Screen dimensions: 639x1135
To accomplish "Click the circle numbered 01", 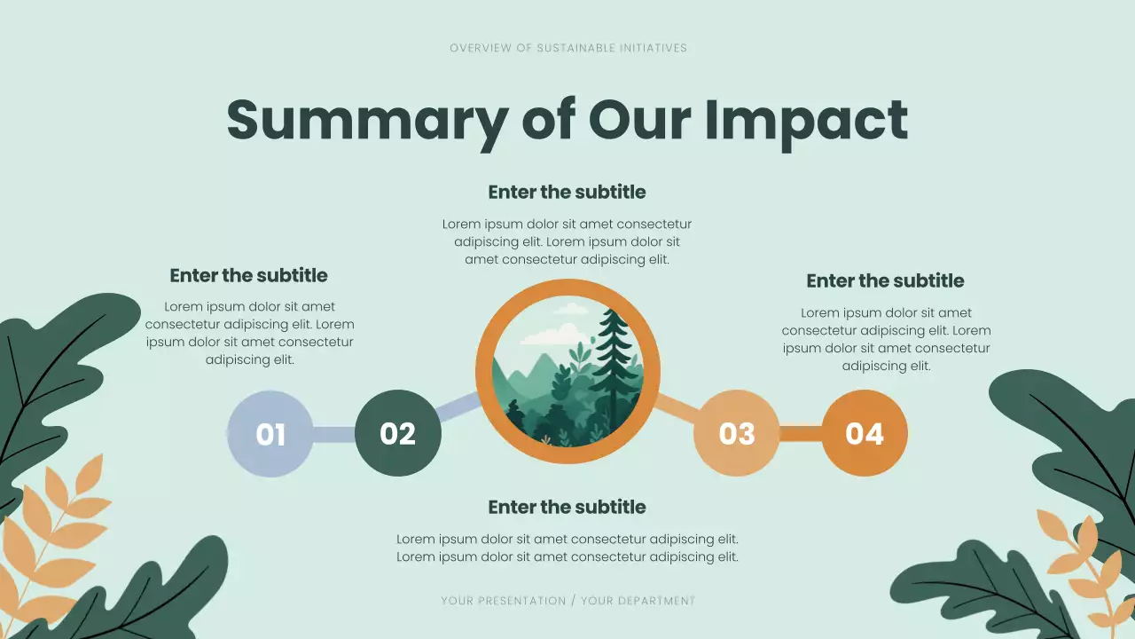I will tap(270, 434).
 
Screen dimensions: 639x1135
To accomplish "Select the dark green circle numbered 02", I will tap(397, 433).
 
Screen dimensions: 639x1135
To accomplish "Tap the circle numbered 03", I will tap(736, 433).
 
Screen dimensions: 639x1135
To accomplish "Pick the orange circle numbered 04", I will tap(865, 433).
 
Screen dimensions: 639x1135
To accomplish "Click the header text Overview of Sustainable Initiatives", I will tap(567, 48).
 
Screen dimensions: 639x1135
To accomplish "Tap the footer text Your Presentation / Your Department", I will tap(567, 601).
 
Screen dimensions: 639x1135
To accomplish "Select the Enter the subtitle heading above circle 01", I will tap(248, 276).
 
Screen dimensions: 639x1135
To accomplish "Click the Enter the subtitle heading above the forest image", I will tap(567, 193).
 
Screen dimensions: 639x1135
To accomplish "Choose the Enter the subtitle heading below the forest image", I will tap(567, 508).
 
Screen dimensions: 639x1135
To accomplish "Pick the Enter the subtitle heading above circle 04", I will tap(885, 281).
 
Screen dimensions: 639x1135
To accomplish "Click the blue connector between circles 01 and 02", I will tap(333, 434).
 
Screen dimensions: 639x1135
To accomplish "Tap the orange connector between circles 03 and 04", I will tap(801, 433).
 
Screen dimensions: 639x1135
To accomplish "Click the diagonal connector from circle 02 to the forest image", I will tap(458, 408).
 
